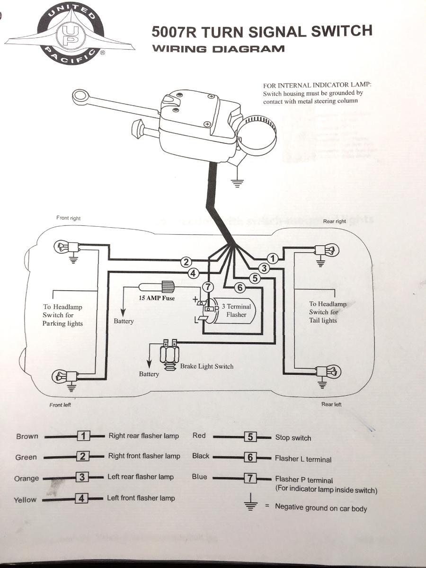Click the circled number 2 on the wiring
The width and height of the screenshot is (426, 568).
(x=187, y=262)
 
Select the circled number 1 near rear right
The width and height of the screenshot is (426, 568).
(x=272, y=258)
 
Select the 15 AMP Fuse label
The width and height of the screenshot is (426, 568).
(x=157, y=298)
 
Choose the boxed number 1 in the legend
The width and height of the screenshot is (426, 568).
(x=83, y=436)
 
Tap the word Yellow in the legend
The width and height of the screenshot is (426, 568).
(x=25, y=499)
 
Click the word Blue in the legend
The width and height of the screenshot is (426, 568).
(x=199, y=477)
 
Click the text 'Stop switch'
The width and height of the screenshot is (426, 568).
(x=293, y=438)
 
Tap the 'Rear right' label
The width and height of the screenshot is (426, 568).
(x=334, y=221)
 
